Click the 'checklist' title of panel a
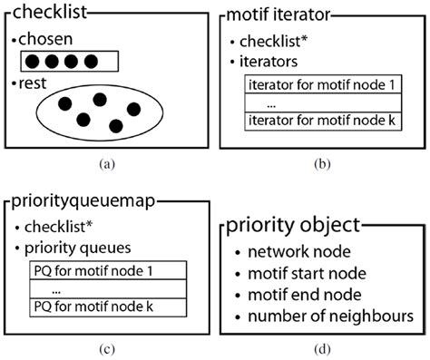pyautogui.click(x=50, y=12)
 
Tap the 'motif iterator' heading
pyautogui.click(x=279, y=15)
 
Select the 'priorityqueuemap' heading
pyautogui.click(x=83, y=201)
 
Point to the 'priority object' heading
pyautogui.click(x=293, y=225)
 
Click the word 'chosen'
pyautogui.click(x=45, y=39)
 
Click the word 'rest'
pyautogui.click(x=33, y=83)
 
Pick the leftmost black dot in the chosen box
pyautogui.click(x=33, y=62)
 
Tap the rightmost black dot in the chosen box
pyautogui.click(x=91, y=62)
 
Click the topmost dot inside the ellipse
pyautogui.click(x=100, y=100)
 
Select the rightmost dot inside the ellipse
pyautogui.click(x=133, y=110)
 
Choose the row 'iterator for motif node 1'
pyautogui.click(x=323, y=84)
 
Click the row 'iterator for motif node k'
pyautogui.click(x=323, y=122)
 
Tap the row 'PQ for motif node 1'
pyautogui.click(x=108, y=270)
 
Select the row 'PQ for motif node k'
pyautogui.click(x=108, y=307)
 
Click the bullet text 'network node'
pyautogui.click(x=299, y=252)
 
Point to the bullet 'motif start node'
pyautogui.click(x=307, y=274)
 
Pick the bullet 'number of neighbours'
pyautogui.click(x=330, y=316)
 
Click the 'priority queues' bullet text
pyautogui.click(x=78, y=248)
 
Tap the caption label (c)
pyautogui.click(x=107, y=349)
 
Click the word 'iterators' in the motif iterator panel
pyautogui.click(x=269, y=62)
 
